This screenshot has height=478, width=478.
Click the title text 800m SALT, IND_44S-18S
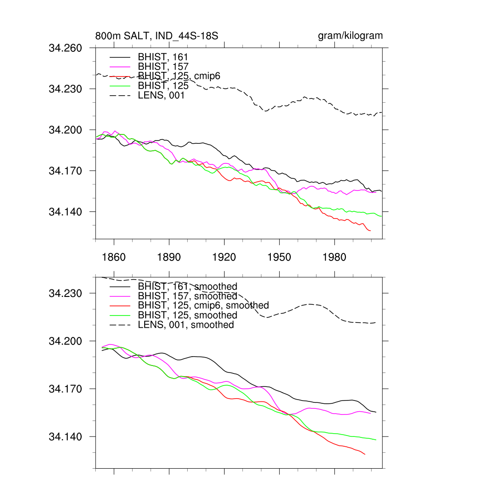point(157,36)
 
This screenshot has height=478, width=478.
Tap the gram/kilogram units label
point(350,36)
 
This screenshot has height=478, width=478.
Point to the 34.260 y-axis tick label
point(65,48)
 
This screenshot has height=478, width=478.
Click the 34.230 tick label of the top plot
point(65,89)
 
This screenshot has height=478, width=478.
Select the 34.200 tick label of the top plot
point(65,130)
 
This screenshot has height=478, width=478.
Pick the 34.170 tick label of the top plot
point(65,171)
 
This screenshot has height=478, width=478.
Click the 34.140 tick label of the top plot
point(65,212)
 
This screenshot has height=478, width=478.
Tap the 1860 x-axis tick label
point(114,258)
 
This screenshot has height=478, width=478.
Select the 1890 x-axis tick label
point(169,258)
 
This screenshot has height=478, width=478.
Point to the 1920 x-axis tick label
point(224,258)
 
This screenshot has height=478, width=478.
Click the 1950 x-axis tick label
point(279,258)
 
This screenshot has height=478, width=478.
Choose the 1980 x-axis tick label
point(334,258)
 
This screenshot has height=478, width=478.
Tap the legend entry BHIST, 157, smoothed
point(187,296)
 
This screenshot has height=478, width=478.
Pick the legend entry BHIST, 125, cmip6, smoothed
point(203,305)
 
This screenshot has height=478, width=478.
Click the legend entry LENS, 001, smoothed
point(186,324)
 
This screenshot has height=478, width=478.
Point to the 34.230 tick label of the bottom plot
point(65,294)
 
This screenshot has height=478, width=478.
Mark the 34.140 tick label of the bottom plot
point(65,437)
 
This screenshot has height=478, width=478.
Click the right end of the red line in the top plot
point(370,231)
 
